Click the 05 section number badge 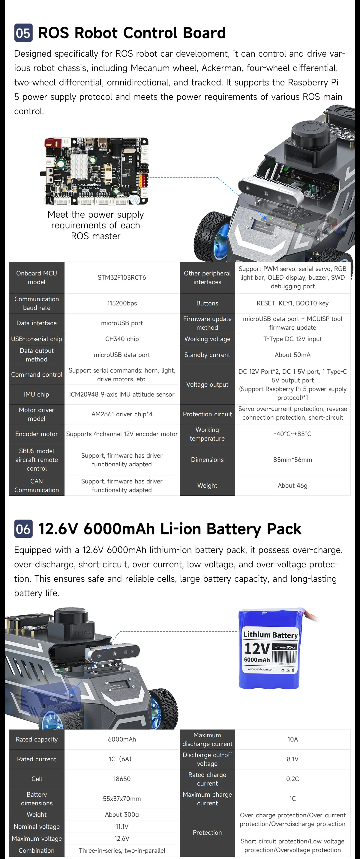(23, 33)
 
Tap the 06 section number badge (23, 529)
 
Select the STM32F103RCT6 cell (122, 278)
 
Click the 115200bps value (122, 303)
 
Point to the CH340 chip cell (122, 339)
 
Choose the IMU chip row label (36, 394)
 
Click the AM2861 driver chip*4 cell (122, 414)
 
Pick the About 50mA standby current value (292, 355)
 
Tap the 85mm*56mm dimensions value (292, 459)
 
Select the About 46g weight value (292, 486)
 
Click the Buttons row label (207, 303)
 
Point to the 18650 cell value (122, 779)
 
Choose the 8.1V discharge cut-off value (292, 759)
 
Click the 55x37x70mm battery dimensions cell (122, 798)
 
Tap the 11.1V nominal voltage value (122, 826)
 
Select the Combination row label (36, 850)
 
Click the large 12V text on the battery (257, 649)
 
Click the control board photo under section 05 (96, 171)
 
